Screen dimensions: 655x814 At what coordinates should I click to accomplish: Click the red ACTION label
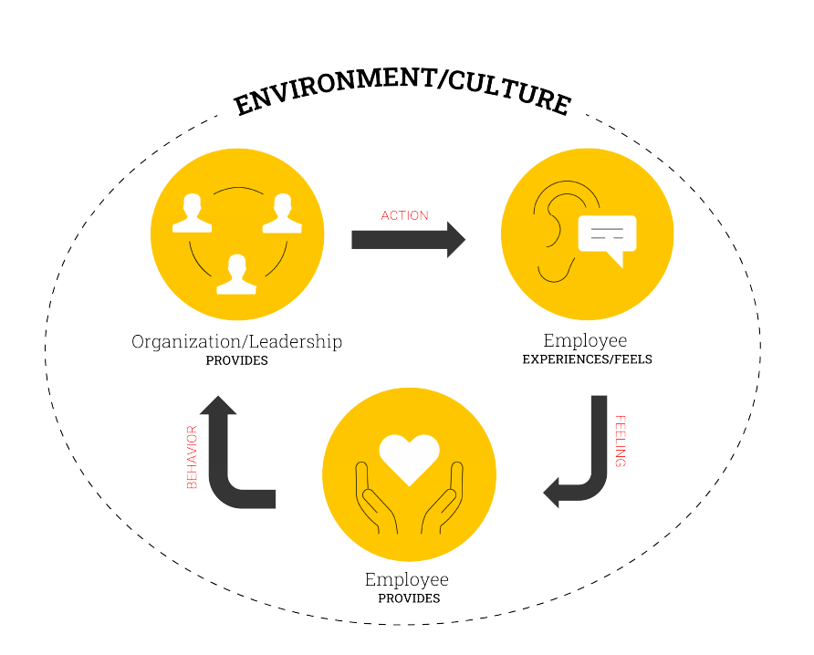(405, 215)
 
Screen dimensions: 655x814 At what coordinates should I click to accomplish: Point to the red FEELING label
(621, 442)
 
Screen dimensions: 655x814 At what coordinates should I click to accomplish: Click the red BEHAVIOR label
(192, 456)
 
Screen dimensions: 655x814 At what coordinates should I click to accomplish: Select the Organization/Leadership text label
(237, 342)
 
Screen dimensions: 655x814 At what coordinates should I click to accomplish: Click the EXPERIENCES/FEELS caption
(587, 359)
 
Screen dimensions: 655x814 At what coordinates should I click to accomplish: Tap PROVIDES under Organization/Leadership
(237, 360)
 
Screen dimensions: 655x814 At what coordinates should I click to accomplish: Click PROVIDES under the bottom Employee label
(409, 598)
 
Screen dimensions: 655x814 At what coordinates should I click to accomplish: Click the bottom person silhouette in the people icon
(236, 275)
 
